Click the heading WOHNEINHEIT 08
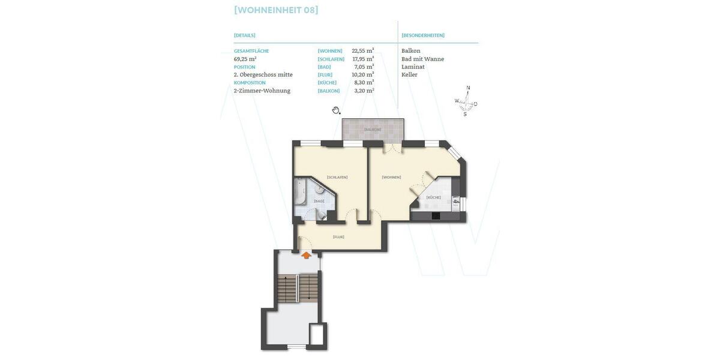(276, 10)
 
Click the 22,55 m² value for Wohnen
(362, 51)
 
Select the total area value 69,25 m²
(245, 59)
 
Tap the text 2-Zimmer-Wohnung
(262, 91)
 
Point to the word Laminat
(413, 67)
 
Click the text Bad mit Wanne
(422, 59)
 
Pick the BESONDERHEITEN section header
(423, 35)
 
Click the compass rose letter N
(468, 88)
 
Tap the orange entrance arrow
(306, 255)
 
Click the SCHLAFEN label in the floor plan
(337, 177)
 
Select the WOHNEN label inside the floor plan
(391, 177)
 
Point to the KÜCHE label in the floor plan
(433, 197)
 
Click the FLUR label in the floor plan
(338, 237)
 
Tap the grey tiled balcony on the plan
(372, 130)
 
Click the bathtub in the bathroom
(299, 192)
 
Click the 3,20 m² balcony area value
(364, 91)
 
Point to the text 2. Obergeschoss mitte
(263, 74)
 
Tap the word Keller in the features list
(409, 74)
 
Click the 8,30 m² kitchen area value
(364, 82)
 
